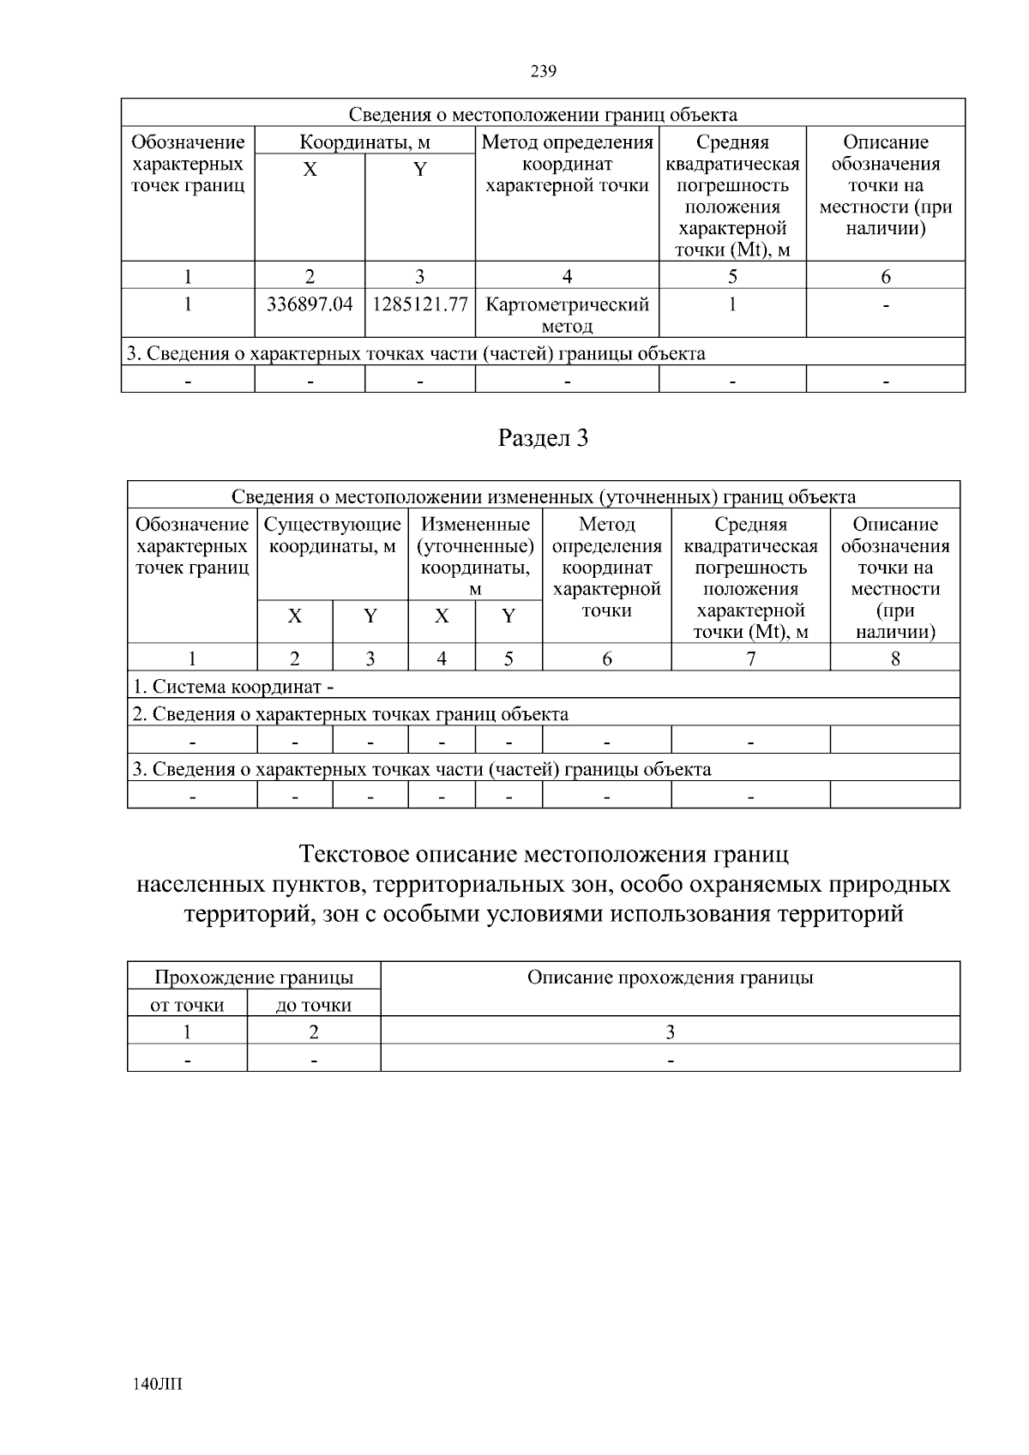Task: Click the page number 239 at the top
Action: click(543, 72)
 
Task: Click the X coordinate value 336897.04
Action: click(310, 304)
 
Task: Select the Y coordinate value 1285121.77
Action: click(419, 304)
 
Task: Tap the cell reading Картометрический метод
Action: click(567, 315)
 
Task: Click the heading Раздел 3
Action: click(543, 438)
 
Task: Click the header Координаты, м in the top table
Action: click(364, 142)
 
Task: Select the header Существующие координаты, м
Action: click(333, 535)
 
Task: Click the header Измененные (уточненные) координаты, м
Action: click(475, 556)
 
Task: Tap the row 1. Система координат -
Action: click(233, 687)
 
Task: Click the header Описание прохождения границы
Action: click(670, 977)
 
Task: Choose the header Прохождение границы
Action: click(253, 977)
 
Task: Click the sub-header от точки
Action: click(187, 1005)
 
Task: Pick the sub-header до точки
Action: click(314, 1005)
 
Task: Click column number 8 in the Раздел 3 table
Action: click(894, 658)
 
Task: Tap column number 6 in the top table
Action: click(885, 276)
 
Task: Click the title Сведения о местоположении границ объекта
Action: click(543, 114)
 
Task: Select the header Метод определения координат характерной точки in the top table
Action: click(567, 164)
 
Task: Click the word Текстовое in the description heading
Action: click(354, 855)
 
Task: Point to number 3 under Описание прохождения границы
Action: click(670, 1032)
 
